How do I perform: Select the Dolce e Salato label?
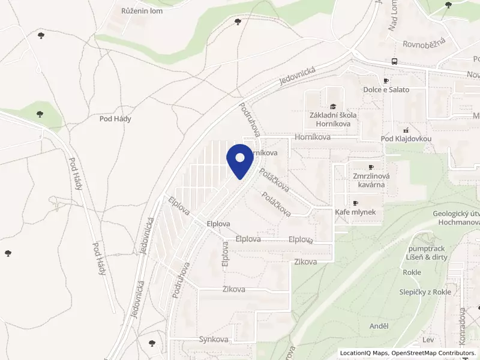386,89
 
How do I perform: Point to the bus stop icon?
394,62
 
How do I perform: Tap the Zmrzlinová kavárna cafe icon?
371,167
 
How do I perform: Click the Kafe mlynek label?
355,212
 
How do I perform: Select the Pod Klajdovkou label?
406,139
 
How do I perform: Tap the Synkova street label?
214,339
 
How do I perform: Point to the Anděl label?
379,326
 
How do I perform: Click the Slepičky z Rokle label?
425,292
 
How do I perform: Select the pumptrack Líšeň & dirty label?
427,252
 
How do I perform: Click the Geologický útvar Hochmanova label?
455,218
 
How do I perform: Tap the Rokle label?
412,272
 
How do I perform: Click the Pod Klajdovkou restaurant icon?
406,130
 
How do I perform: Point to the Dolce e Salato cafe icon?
386,80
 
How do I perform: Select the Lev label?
428,340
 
